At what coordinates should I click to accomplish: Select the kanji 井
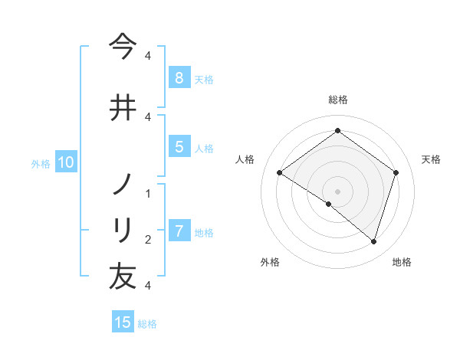(x=123, y=106)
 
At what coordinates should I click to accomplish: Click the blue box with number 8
(x=179, y=77)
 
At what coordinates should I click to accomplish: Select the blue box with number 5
(x=179, y=147)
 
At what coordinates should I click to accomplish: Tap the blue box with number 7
(x=179, y=231)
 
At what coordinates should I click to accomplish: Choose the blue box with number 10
(x=65, y=162)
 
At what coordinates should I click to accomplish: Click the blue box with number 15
(x=123, y=322)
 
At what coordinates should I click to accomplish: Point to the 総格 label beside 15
(x=147, y=324)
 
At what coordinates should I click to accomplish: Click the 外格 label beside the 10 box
(x=41, y=163)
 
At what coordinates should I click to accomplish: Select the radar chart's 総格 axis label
(x=337, y=100)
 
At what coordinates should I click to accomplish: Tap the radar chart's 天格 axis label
(x=431, y=159)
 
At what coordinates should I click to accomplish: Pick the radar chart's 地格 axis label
(x=402, y=262)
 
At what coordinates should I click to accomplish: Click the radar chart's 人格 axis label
(x=245, y=159)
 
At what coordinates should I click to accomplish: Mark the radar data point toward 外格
(x=329, y=204)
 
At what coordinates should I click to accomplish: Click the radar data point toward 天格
(x=396, y=173)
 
